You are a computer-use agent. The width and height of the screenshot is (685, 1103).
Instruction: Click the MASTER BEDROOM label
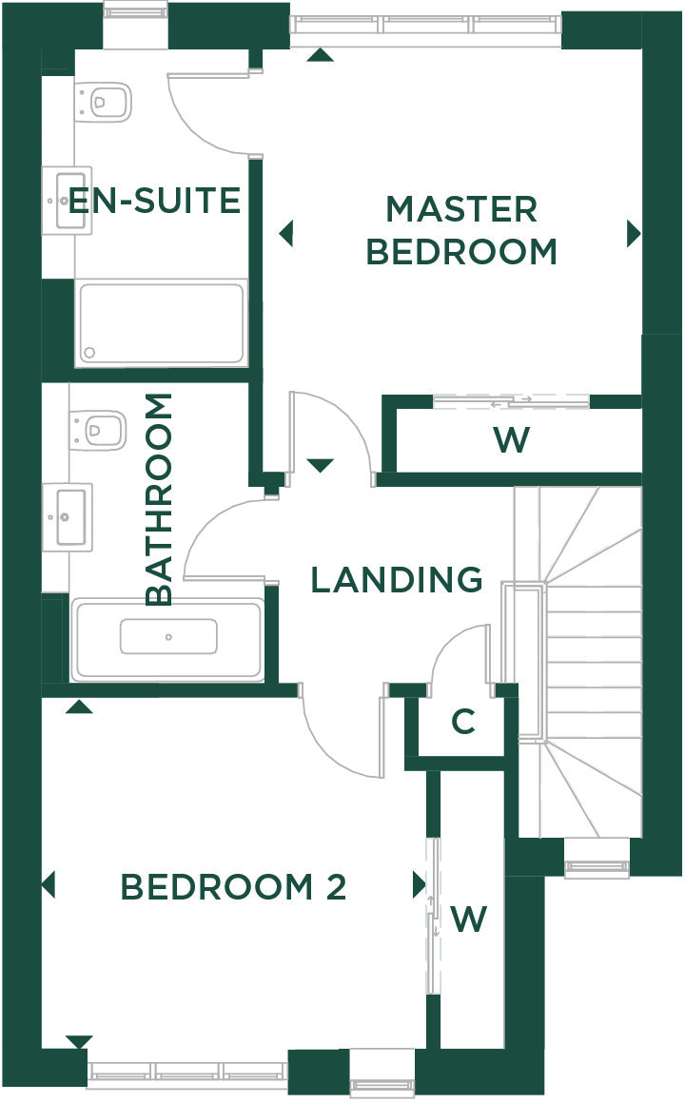[461, 230]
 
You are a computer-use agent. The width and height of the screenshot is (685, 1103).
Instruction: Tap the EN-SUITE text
[154, 201]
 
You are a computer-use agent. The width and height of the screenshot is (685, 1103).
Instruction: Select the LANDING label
[397, 580]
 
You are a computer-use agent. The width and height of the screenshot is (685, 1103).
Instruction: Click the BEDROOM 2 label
[234, 886]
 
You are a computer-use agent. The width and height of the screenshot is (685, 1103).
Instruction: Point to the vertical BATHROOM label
[159, 499]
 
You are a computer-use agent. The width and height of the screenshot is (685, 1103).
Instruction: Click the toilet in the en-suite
[104, 102]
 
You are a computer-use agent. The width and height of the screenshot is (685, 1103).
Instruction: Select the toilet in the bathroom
[98, 429]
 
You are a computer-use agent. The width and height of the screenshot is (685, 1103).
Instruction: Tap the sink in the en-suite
[67, 201]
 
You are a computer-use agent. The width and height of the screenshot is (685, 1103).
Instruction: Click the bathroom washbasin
[67, 517]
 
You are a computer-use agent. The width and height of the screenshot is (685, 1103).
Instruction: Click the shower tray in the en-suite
[161, 323]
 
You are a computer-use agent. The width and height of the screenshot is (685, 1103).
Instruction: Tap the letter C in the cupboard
[463, 722]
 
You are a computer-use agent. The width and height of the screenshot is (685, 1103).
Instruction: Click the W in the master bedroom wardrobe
[512, 439]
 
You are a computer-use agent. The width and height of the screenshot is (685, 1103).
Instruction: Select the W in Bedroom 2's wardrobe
[468, 918]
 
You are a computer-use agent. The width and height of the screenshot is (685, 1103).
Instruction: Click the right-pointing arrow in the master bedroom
[634, 234]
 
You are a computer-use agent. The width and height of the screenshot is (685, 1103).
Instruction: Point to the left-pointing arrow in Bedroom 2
[48, 885]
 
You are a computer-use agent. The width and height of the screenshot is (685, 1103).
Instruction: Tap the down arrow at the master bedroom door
[320, 465]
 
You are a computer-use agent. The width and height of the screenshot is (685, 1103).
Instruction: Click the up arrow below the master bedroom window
[321, 55]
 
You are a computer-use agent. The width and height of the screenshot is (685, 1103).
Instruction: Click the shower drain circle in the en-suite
[89, 352]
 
